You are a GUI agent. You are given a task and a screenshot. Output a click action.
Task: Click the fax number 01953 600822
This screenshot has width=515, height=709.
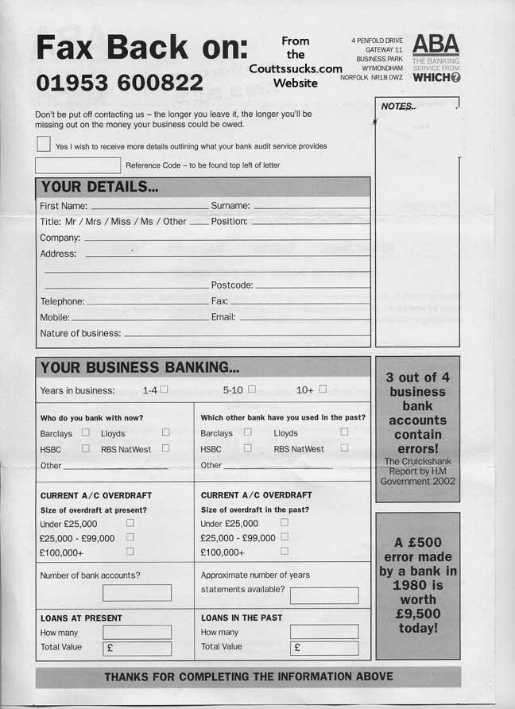119,83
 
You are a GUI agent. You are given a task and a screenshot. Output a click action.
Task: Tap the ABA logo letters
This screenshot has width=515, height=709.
436,45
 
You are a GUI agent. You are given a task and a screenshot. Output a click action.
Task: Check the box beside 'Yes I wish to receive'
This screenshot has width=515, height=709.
43,144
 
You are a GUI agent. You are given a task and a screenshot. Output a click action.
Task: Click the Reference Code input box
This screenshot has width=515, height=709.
78,165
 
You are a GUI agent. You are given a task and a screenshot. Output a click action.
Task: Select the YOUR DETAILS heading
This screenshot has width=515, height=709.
99,188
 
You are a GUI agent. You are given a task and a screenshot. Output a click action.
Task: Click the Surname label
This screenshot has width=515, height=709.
230,206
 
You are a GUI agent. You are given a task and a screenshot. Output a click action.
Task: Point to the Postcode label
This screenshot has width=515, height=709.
232,285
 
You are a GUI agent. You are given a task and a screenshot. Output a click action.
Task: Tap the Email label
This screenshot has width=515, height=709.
223,317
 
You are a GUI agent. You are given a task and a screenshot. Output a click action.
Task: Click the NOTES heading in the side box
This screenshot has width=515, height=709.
398,107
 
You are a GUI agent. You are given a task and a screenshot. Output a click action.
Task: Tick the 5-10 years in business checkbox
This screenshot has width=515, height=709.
251,389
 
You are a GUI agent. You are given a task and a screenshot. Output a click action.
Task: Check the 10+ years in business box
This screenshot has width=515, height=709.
322,389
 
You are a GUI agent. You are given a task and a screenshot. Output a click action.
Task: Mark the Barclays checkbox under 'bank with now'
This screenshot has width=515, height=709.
85,432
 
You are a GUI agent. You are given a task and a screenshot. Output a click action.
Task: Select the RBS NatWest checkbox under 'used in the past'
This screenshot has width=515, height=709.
344,447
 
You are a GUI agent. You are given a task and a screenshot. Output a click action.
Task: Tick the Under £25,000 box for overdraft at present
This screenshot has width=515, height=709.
130,523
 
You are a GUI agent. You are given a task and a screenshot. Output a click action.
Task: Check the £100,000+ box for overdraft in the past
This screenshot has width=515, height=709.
284,550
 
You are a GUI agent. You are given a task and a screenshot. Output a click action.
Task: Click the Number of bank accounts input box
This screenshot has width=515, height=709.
137,592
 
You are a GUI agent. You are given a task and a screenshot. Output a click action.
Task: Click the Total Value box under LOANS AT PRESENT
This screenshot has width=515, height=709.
137,648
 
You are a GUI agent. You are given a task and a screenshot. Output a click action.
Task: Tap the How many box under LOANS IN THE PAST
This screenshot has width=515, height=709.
323,632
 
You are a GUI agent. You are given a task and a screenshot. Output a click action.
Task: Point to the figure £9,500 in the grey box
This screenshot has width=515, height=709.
417,614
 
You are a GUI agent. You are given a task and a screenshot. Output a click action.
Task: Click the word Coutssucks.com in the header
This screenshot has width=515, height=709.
296,69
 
